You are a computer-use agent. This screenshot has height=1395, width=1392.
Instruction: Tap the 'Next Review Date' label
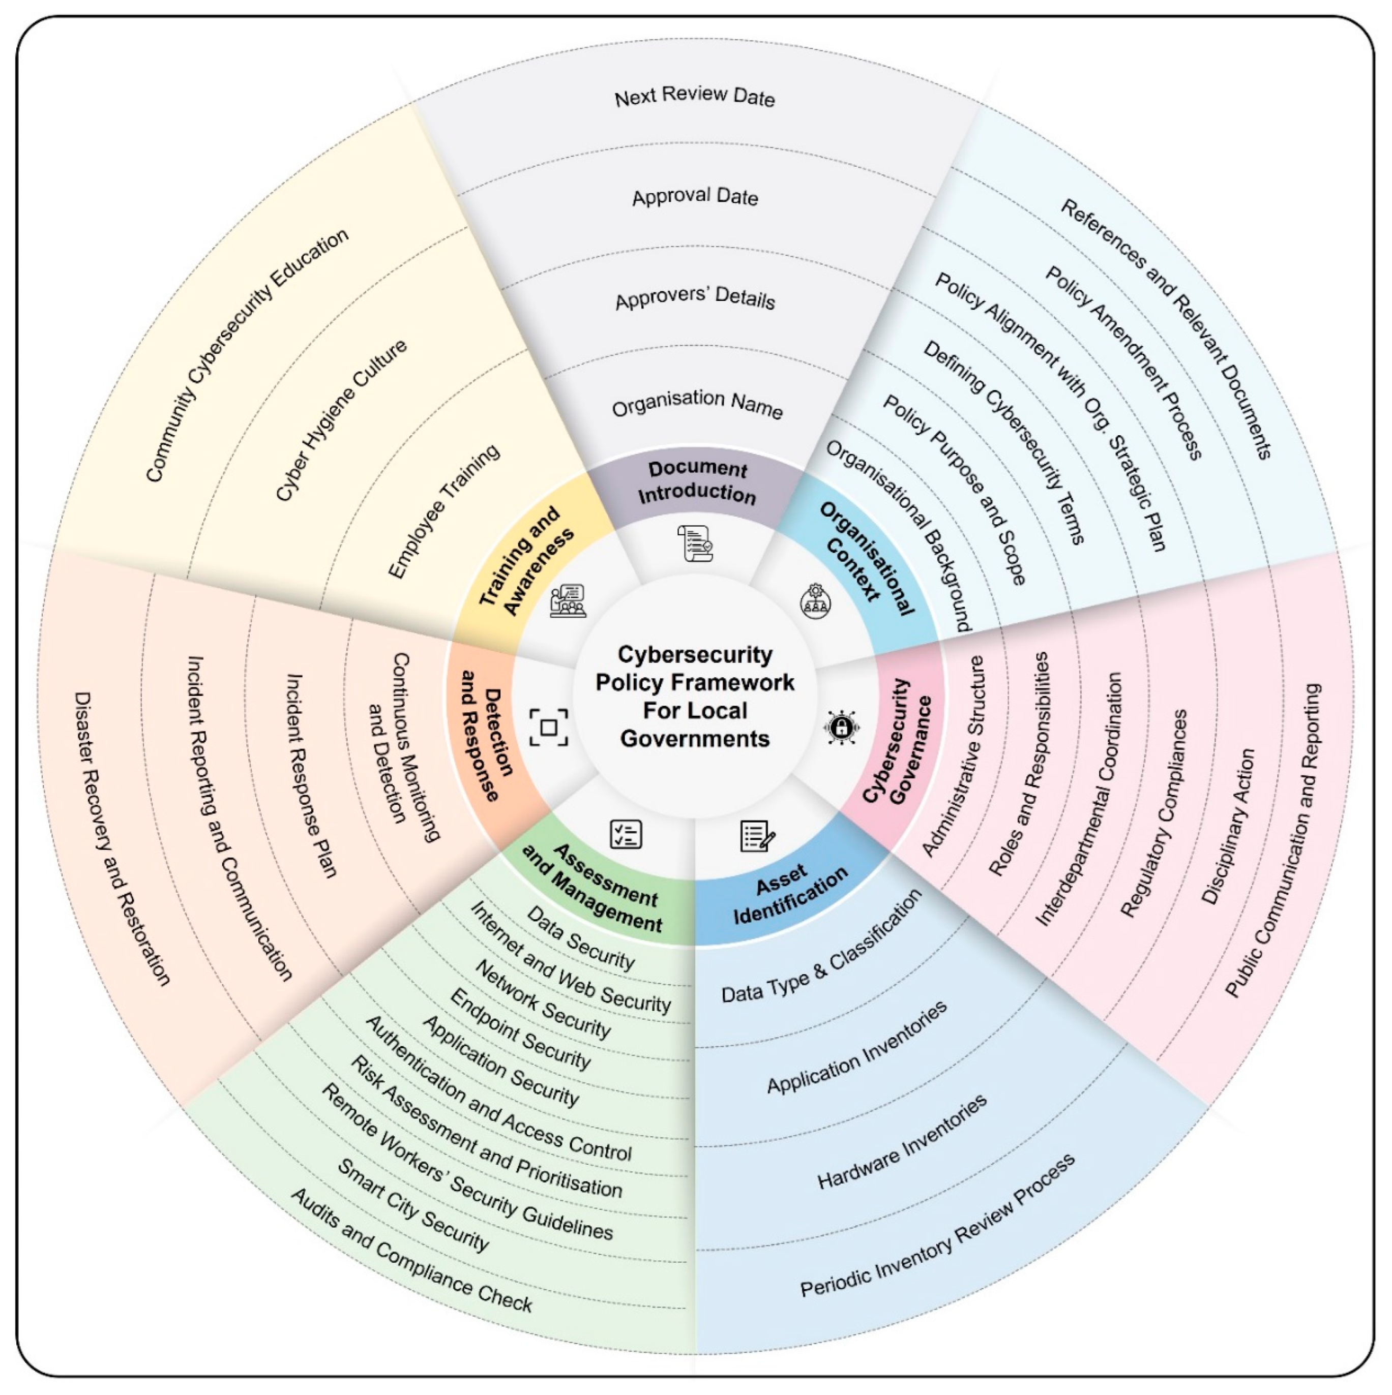694,97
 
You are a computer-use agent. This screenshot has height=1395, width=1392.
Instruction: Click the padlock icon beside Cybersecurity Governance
841,726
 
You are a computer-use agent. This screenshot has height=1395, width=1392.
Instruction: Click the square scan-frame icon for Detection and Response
548,727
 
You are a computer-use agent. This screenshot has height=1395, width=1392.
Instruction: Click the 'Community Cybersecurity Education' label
247,355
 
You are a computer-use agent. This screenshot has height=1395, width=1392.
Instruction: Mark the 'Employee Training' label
443,510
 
